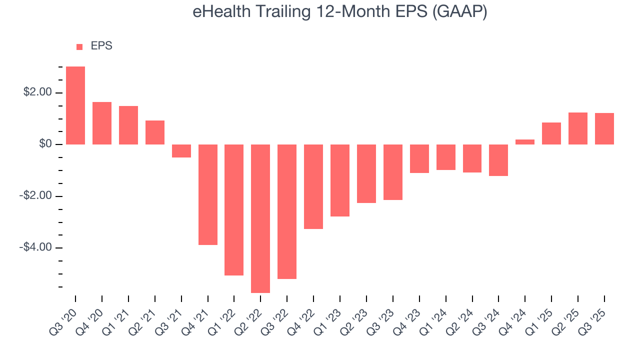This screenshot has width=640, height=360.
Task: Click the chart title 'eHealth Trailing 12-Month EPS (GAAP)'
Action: click(339, 12)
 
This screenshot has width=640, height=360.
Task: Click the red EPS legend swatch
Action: click(79, 46)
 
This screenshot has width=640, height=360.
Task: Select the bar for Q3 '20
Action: click(75, 105)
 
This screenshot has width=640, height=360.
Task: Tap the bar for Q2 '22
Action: click(260, 218)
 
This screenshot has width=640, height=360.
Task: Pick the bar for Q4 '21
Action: click(208, 194)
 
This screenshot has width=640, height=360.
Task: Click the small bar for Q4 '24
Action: click(525, 142)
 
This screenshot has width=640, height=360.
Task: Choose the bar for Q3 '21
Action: click(181, 151)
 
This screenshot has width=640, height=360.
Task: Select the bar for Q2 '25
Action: click(578, 128)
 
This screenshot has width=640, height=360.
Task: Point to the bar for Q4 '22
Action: click(313, 186)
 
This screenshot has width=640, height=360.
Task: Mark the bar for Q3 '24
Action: click(498, 160)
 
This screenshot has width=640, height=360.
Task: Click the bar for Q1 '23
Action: click(340, 180)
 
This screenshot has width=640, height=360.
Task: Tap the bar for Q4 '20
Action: click(102, 123)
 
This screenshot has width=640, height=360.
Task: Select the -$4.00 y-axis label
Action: click(34, 247)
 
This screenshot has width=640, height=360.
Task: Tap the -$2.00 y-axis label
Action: click(34, 196)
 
